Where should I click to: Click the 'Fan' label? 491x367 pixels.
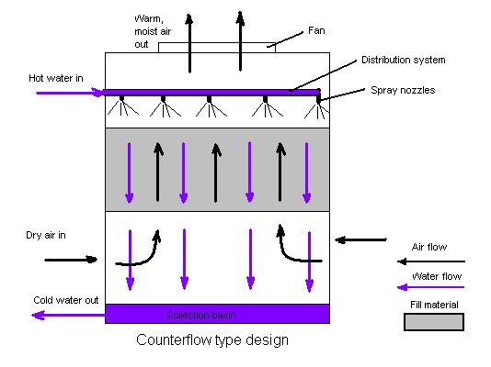coord(316,30)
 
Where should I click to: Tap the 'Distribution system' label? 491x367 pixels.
coord(404,60)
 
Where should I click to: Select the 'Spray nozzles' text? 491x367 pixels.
coord(403,90)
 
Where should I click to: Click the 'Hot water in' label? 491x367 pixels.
coord(56,78)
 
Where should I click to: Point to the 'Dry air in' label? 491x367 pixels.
coord(46,235)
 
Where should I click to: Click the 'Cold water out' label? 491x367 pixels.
coord(66,300)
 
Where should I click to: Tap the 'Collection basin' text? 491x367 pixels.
coord(201,315)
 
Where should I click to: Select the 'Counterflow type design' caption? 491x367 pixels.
coord(212,340)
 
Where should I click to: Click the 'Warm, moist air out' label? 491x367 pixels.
coord(153,31)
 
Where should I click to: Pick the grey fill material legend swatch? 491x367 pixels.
coord(434,322)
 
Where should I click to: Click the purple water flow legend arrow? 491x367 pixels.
coord(430,287)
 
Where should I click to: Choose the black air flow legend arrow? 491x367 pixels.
coord(431,261)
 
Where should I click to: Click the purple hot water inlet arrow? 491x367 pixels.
coord(69,93)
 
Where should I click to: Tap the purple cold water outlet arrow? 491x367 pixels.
coord(68,315)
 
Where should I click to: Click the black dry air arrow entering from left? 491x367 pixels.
coord(71,260)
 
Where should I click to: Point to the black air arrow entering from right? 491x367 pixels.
coord(360,239)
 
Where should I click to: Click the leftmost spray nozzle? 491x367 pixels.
coord(121,99)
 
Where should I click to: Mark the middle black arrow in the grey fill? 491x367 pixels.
coord(216,172)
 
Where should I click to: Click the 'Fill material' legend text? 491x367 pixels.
coord(434,305)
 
